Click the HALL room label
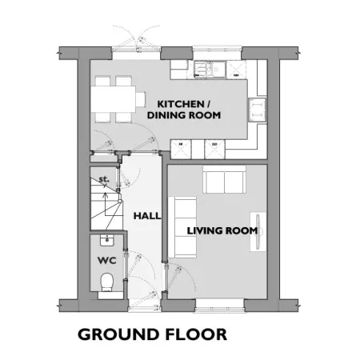[x=147, y=216]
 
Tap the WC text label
[x=107, y=260]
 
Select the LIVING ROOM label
[x=222, y=230]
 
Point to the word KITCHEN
[x=181, y=104]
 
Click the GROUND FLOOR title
[x=152, y=334]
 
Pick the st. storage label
[x=104, y=179]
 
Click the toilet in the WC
[x=107, y=282]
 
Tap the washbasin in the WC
[x=107, y=240]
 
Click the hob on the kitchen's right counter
[x=258, y=110]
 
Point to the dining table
[x=113, y=99]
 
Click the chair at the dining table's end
[x=141, y=99]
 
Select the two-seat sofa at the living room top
[x=224, y=179]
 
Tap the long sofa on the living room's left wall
[x=183, y=227]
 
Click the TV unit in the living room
[x=258, y=232]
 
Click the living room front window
[x=220, y=309]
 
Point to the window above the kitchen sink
[x=217, y=49]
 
